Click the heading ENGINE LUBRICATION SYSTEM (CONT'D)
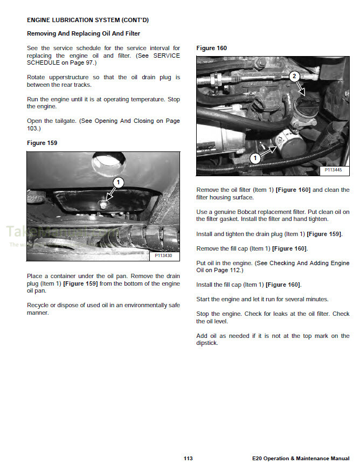[x=87, y=20]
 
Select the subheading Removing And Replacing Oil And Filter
[x=84, y=33]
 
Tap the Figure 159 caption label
[x=42, y=143]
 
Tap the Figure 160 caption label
[x=211, y=48]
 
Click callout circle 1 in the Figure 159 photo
[x=119, y=183]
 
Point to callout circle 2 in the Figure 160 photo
[x=294, y=76]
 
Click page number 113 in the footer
[x=188, y=459]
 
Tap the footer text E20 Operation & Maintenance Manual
[x=300, y=459]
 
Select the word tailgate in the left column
[x=65, y=121]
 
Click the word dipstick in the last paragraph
[x=207, y=343]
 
